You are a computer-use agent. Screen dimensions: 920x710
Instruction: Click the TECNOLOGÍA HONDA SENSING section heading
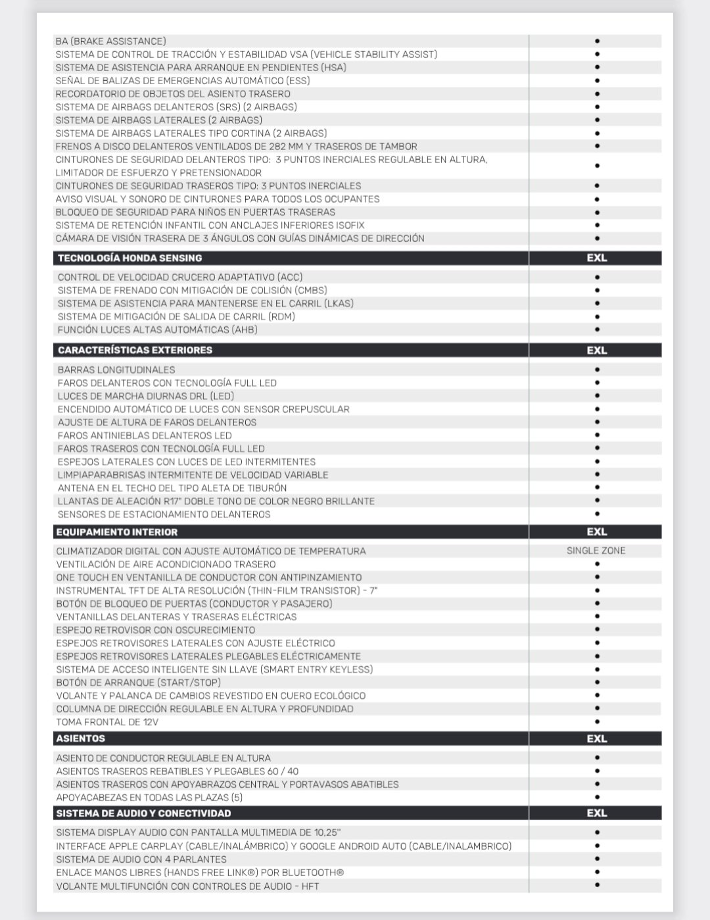tap(130, 258)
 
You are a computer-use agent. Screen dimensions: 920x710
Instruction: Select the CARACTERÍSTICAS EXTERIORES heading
tap(135, 350)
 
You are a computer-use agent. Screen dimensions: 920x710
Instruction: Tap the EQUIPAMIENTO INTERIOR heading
tap(117, 532)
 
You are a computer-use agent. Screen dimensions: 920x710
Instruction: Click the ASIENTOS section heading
tap(80, 738)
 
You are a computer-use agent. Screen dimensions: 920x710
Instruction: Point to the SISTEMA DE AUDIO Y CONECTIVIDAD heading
tap(143, 813)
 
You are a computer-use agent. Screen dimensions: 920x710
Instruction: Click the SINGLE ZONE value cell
tap(596, 550)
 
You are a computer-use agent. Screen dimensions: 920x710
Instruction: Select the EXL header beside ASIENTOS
tap(596, 738)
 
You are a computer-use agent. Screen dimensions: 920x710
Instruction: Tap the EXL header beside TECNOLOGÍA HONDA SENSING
tap(596, 258)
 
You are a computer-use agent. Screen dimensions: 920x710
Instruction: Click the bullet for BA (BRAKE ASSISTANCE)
tap(597, 41)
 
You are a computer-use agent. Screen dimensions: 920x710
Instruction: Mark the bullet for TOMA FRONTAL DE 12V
tap(597, 721)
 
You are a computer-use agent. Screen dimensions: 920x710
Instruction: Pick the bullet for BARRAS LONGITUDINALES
tap(597, 370)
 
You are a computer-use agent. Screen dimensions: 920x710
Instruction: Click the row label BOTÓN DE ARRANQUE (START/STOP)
tap(138, 683)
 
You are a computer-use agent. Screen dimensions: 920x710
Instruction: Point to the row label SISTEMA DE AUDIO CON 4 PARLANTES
tap(141, 859)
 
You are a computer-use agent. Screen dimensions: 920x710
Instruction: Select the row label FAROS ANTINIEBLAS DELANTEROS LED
tap(145, 435)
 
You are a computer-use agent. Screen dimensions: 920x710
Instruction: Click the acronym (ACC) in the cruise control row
tap(290, 277)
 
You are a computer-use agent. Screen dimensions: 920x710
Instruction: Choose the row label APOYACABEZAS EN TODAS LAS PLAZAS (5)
tap(149, 798)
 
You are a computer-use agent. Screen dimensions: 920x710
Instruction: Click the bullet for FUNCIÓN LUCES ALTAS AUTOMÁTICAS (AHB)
tap(597, 329)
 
